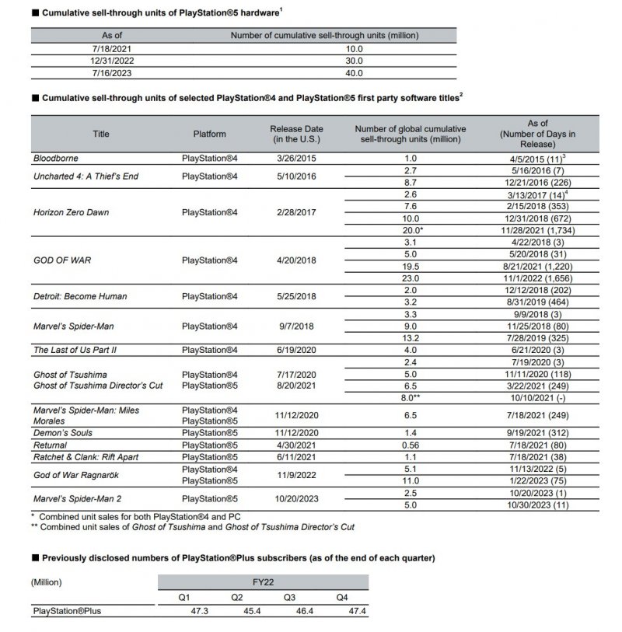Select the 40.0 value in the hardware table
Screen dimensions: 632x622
pyautogui.click(x=354, y=74)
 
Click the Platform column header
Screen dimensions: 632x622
pyautogui.click(x=209, y=134)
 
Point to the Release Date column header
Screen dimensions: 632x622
pyautogui.click(x=296, y=134)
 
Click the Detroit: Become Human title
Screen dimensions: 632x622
pyautogui.click(x=79, y=296)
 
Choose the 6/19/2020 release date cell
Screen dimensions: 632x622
pyautogui.click(x=296, y=350)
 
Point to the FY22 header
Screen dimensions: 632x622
pyautogui.click(x=264, y=581)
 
